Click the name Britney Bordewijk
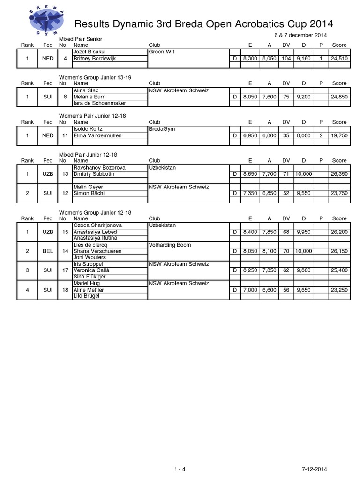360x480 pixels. (x=94, y=59)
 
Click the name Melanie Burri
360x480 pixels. (x=90, y=97)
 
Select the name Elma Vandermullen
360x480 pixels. (x=97, y=135)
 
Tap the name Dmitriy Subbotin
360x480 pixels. (x=94, y=174)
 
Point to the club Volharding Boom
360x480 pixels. (x=170, y=245)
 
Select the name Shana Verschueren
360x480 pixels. (x=97, y=251)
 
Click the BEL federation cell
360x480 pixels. (x=48, y=251)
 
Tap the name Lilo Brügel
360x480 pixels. (x=86, y=296)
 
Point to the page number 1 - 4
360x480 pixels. (x=180, y=456)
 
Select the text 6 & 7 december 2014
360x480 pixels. (x=300, y=36)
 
